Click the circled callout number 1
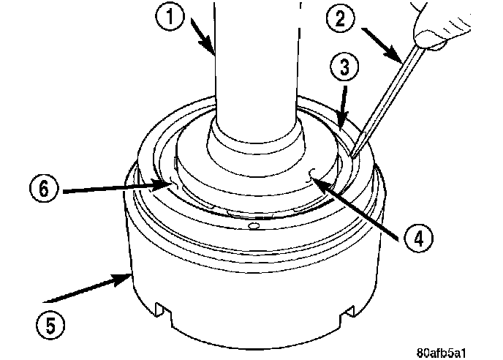click(170, 16)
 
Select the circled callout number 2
click(341, 18)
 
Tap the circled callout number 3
click(344, 68)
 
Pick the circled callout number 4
click(418, 239)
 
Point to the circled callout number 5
click(50, 325)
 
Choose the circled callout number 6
click(44, 189)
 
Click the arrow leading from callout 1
click(203, 36)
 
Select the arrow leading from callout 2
click(382, 45)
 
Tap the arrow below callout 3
click(344, 107)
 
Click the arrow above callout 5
click(87, 288)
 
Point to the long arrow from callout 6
click(116, 188)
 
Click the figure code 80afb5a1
click(441, 353)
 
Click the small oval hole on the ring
click(254, 226)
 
